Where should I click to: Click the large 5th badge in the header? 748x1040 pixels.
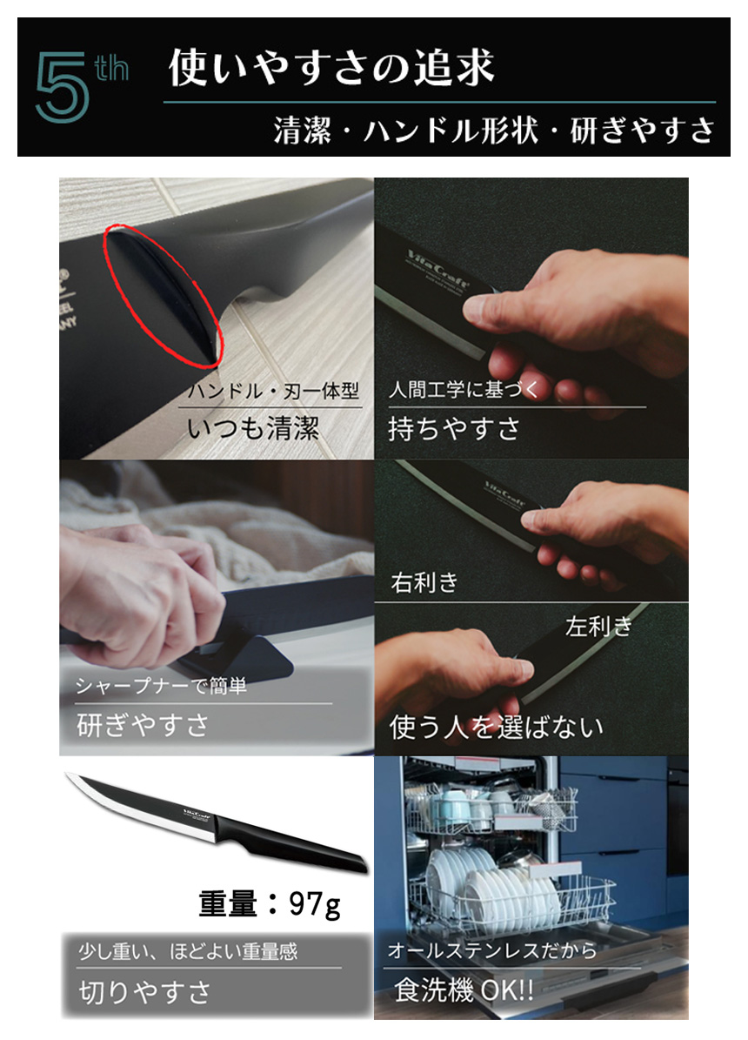point(80,86)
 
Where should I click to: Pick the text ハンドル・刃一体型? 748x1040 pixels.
point(273,392)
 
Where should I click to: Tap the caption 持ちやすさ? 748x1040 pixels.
point(453,428)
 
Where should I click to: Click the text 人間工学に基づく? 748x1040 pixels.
point(464,391)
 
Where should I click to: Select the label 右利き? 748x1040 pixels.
point(424,582)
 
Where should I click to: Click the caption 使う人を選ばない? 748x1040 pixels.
point(496,727)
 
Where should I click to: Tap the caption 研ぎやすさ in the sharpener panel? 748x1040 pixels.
point(143,724)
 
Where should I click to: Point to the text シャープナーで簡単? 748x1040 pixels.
point(161,687)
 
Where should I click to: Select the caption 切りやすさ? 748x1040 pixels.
point(144,991)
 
